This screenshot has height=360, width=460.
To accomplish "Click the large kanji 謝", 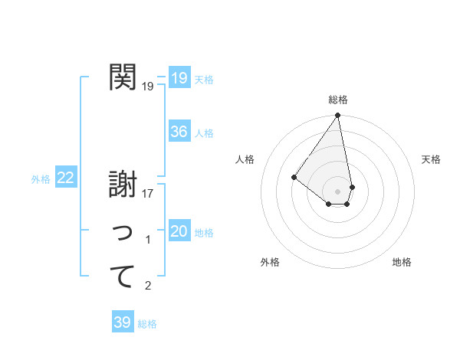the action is [x=123, y=184].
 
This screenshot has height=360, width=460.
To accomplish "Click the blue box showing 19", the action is [x=179, y=77].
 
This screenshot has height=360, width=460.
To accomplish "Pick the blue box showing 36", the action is [x=179, y=132].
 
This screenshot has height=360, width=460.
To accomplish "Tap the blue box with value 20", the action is [x=179, y=231].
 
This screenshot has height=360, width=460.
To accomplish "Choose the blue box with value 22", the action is [x=65, y=178].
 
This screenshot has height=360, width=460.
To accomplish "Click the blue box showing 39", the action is [x=122, y=322].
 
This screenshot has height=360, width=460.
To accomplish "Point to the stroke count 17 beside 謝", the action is [x=148, y=194].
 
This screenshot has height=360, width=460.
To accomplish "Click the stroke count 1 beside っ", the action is [x=148, y=240].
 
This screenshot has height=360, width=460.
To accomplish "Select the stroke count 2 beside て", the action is [x=148, y=286].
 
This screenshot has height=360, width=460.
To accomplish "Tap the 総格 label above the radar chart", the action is [x=338, y=100].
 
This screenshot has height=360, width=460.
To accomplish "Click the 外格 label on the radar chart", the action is [x=270, y=262].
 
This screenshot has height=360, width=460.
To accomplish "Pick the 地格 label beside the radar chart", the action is [x=402, y=262].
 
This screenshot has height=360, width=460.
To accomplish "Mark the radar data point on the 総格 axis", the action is [x=338, y=116].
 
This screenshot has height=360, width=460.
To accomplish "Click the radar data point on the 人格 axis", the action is [x=294, y=177].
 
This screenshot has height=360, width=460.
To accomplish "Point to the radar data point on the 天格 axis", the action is [x=352, y=187].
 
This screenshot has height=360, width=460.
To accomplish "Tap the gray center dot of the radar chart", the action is [x=338, y=191].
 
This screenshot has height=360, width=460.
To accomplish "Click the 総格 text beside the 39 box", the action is [x=147, y=324].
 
